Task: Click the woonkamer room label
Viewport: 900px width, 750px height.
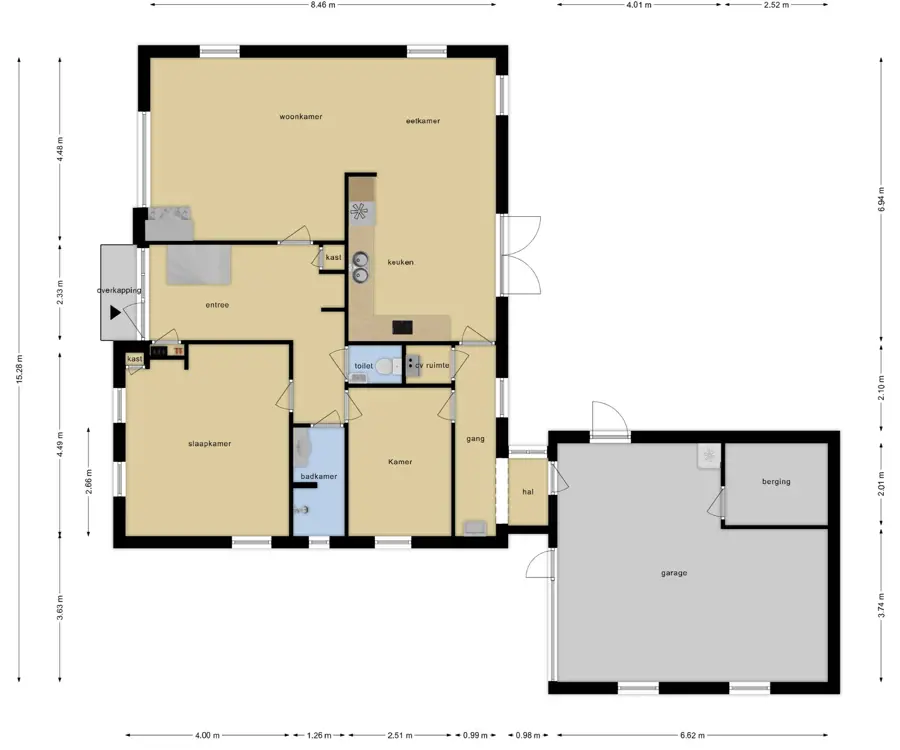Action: [301, 116]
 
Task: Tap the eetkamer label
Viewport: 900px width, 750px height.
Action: [423, 121]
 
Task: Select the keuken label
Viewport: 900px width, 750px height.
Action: [401, 262]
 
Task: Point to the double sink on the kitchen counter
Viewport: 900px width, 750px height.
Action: [360, 267]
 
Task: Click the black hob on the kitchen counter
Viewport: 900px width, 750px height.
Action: [402, 327]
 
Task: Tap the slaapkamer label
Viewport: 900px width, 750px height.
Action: [210, 444]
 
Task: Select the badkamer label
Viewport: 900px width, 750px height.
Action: [319, 476]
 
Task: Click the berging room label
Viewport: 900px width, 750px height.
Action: [776, 481]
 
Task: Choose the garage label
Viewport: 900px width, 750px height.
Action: [674, 573]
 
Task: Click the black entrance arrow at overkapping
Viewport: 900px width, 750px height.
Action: [115, 313]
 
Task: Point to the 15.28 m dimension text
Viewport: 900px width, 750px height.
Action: [20, 369]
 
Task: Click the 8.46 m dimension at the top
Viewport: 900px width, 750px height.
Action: [323, 5]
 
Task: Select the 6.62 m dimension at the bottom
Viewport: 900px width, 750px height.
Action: [692, 735]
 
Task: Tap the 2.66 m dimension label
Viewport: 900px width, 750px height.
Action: [88, 481]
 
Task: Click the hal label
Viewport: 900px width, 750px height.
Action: [528, 492]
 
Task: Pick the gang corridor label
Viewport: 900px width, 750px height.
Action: [475, 439]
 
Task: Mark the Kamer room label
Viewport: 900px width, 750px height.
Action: [400, 462]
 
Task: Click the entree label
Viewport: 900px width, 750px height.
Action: [217, 305]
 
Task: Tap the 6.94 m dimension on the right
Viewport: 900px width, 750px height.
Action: [882, 199]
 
